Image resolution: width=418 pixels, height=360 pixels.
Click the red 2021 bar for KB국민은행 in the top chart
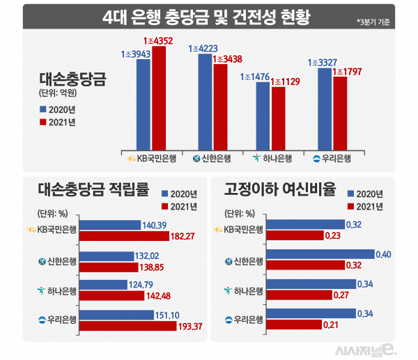(159, 97)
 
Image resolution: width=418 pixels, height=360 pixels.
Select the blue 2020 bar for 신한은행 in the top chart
(205, 102)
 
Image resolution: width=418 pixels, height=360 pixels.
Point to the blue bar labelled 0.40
(321, 255)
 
